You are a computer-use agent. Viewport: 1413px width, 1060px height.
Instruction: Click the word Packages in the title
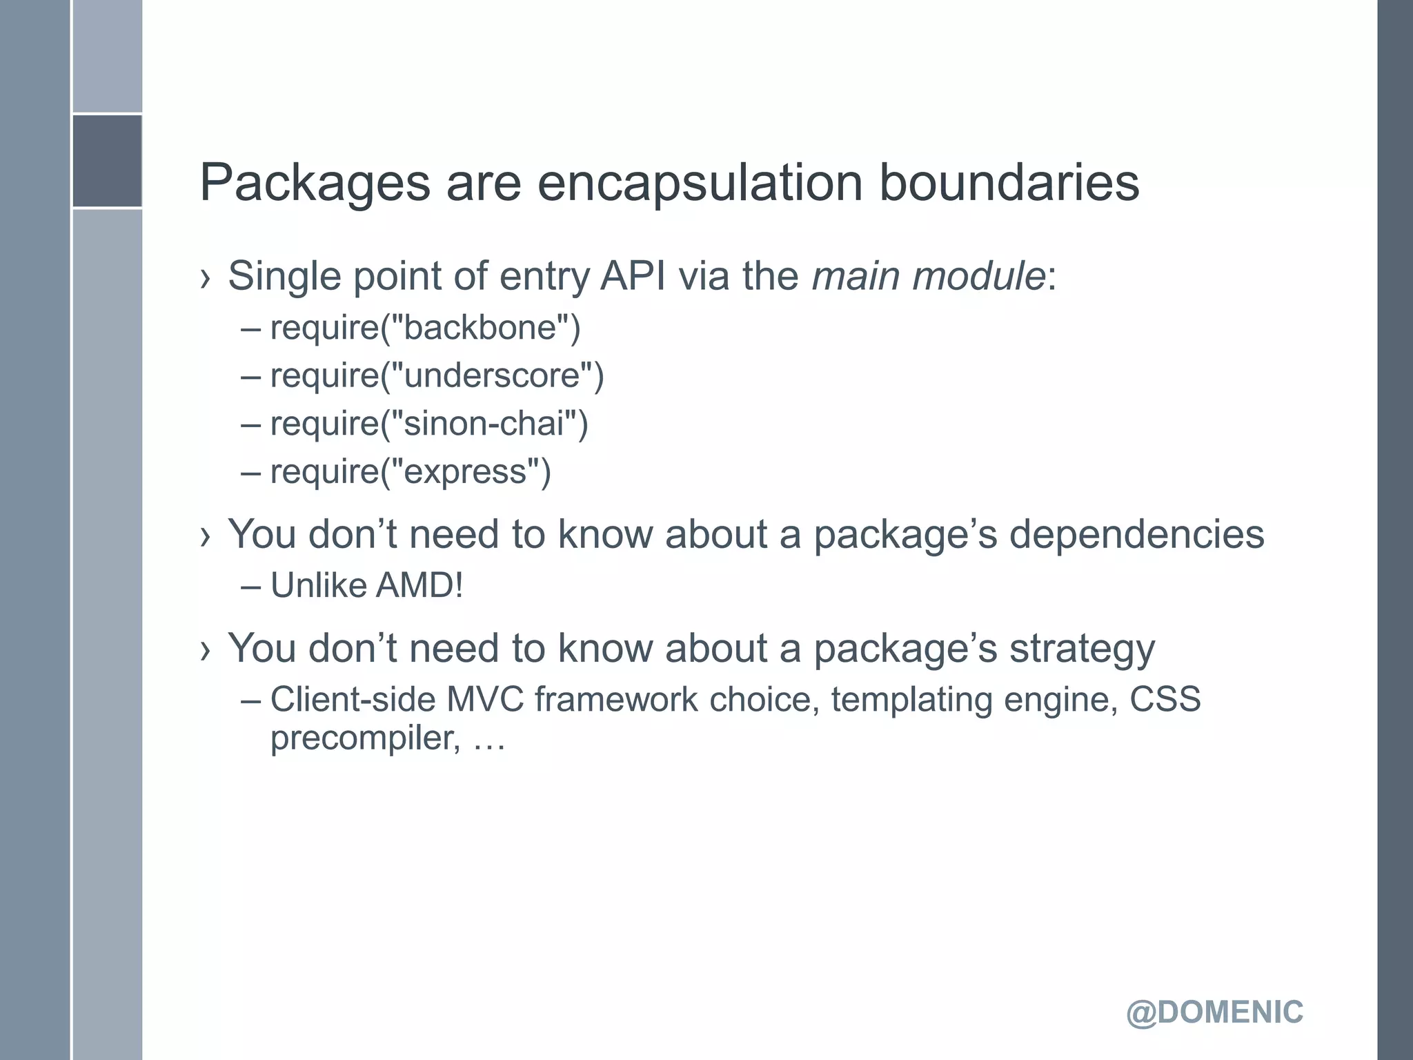tap(315, 184)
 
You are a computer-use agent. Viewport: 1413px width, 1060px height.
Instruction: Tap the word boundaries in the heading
tap(1009, 184)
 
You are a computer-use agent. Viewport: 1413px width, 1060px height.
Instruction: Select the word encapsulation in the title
tap(700, 184)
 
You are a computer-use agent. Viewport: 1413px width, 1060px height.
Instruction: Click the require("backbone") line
tap(425, 327)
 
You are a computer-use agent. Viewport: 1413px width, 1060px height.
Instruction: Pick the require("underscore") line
tap(437, 375)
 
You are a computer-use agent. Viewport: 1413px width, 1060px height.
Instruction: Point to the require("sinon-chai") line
tap(429, 423)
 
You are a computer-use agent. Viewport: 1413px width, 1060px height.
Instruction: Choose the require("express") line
tap(411, 471)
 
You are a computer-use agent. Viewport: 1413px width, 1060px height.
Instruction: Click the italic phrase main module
tap(929, 276)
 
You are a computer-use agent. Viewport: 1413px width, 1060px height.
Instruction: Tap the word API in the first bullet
tap(633, 276)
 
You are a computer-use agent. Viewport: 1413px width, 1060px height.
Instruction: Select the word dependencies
tap(1136, 534)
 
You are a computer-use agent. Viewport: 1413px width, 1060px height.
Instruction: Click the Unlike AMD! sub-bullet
tap(366, 585)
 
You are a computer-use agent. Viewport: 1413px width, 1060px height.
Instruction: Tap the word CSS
tap(1165, 699)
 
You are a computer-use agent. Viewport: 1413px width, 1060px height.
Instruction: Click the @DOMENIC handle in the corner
tap(1214, 1012)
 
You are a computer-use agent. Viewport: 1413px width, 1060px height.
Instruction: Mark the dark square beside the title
tap(107, 161)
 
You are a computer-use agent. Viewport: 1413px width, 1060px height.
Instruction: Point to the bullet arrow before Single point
tap(204, 278)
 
